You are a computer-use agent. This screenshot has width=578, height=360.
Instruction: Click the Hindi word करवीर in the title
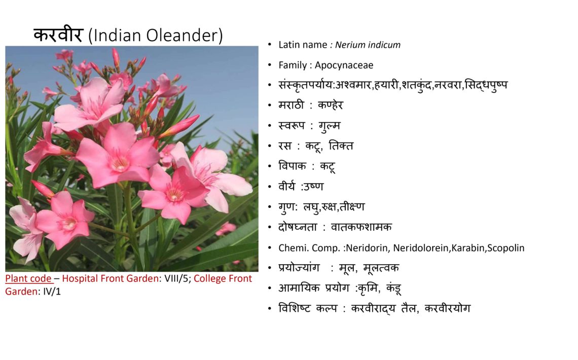point(58,35)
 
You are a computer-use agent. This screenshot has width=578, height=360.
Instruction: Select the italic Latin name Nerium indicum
point(368,45)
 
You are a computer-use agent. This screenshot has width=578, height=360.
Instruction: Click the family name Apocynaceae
point(344,65)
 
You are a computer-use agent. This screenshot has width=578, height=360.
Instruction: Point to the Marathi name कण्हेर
point(330,105)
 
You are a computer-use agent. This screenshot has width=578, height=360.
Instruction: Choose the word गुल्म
point(330,126)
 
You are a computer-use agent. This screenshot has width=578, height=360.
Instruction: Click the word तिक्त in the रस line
point(341,146)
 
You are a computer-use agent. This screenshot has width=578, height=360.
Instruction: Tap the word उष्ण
point(313,187)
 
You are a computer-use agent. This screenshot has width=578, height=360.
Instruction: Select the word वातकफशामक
point(361,227)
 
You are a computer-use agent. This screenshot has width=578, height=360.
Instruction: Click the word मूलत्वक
point(381,268)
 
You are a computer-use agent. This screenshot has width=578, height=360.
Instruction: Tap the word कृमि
point(369,288)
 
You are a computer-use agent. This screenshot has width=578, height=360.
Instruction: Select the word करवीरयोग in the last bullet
point(448,308)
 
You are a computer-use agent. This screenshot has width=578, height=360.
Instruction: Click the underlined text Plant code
point(28,278)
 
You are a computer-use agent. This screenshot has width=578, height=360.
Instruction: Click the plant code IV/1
point(52,292)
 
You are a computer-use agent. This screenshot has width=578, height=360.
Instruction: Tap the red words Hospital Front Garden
point(110,278)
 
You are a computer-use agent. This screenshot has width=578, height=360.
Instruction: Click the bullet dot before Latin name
point(270,45)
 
